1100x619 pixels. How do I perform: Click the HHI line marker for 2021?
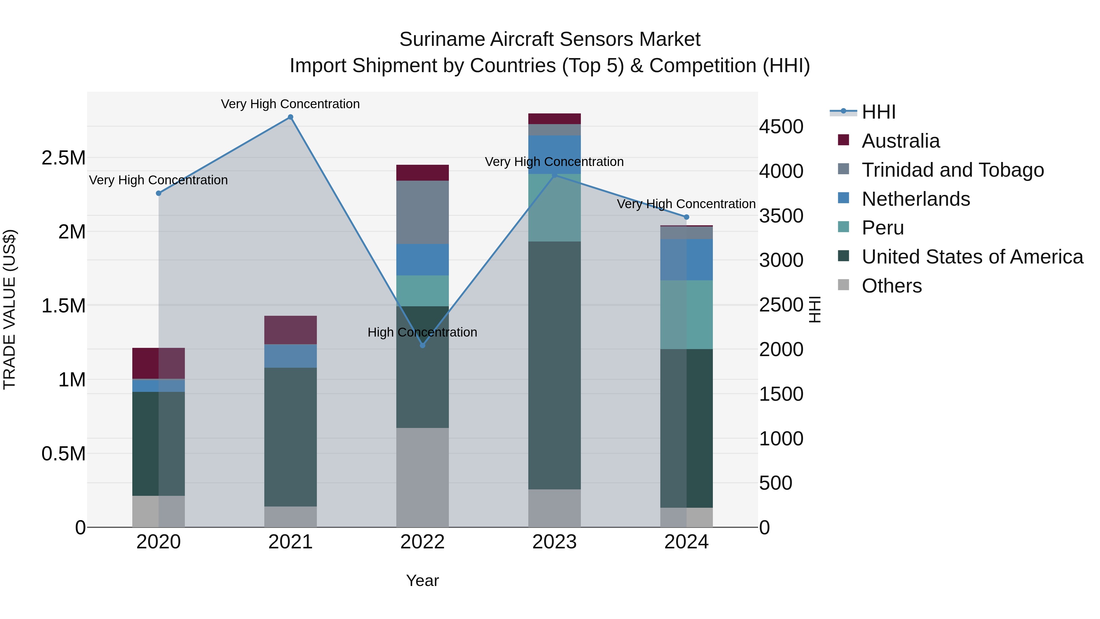point(290,117)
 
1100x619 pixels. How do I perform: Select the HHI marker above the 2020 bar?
point(158,193)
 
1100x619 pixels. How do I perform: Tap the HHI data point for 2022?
point(422,345)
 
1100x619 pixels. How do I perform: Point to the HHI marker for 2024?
point(686,217)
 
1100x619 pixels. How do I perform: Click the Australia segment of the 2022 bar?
point(422,173)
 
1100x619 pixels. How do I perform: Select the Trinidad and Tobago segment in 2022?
point(422,212)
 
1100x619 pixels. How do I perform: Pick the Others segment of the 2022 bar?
point(422,477)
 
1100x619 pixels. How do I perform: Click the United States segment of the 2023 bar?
point(554,365)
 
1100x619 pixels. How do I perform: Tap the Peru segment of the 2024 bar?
point(686,315)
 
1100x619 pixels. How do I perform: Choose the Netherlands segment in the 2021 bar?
point(290,356)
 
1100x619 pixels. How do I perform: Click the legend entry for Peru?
point(882,228)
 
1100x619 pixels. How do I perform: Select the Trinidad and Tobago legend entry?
point(952,170)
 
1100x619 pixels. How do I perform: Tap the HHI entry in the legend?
point(878,112)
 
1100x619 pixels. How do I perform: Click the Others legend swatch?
point(843,285)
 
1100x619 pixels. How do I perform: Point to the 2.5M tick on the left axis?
point(63,158)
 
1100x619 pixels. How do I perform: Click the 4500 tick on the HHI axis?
point(781,127)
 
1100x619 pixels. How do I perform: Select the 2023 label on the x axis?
point(554,542)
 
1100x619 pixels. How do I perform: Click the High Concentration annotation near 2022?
point(422,332)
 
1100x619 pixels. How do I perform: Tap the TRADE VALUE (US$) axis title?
point(9,309)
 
